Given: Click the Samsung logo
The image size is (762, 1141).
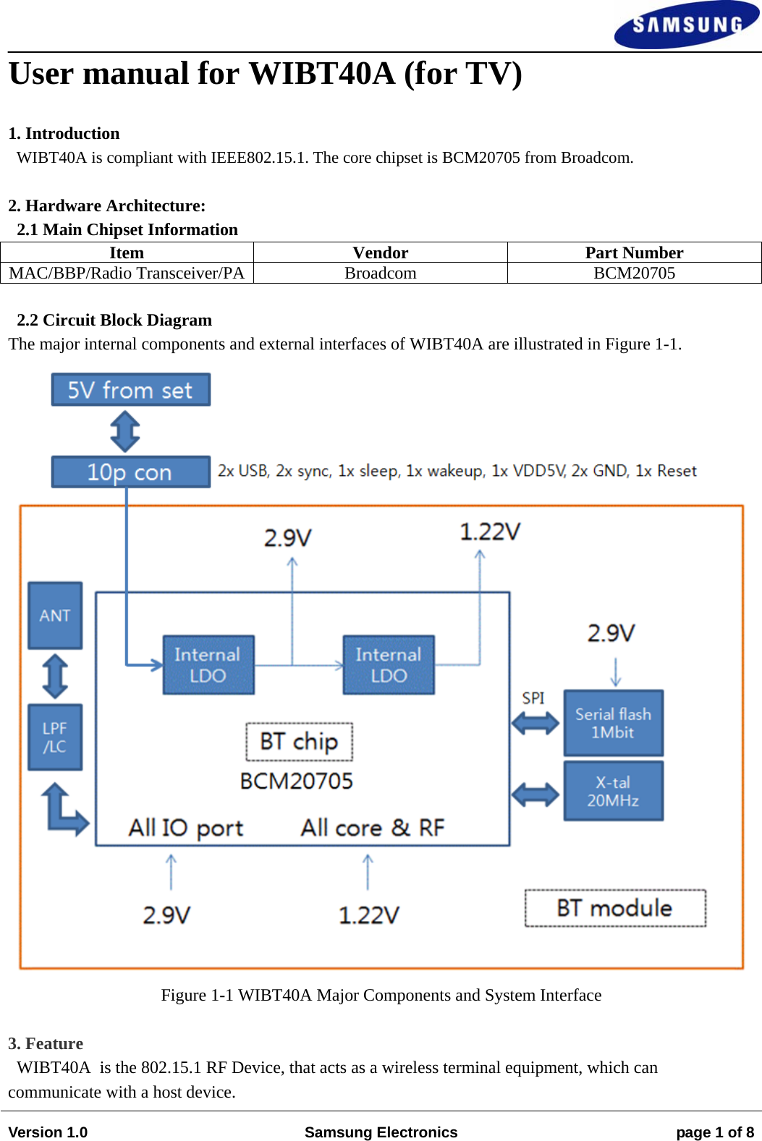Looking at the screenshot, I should (x=686, y=25).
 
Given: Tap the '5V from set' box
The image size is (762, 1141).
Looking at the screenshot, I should (x=131, y=390).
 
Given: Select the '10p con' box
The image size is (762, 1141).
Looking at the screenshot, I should (x=131, y=472).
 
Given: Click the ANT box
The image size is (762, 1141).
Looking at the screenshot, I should (x=55, y=615).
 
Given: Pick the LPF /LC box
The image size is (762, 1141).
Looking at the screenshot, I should (x=55, y=737).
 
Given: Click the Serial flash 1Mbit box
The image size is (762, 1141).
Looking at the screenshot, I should (x=613, y=723).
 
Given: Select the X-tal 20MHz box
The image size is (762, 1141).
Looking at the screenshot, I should (x=613, y=791).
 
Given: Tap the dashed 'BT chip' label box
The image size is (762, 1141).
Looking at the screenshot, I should (x=299, y=742).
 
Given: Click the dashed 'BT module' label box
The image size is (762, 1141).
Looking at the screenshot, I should (x=615, y=908).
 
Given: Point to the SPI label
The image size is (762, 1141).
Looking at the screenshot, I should (x=533, y=698).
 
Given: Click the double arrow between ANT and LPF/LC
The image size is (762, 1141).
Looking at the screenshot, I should (x=55, y=676).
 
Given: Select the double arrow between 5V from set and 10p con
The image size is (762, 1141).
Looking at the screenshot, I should (x=125, y=431).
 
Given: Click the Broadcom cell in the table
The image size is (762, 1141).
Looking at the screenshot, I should (x=380, y=273).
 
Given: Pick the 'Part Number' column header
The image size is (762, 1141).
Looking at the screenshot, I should (x=634, y=253).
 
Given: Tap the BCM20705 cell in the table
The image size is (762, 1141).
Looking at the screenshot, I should (x=634, y=273).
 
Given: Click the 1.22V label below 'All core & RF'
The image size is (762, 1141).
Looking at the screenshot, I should (x=368, y=915).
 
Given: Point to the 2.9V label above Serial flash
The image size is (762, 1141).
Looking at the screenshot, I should (x=611, y=634).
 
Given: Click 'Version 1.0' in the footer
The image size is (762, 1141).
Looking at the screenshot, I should (x=48, y=1132).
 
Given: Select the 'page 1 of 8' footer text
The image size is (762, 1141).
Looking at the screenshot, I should (x=714, y=1132).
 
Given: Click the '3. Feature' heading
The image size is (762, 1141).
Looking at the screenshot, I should (x=46, y=1043).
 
